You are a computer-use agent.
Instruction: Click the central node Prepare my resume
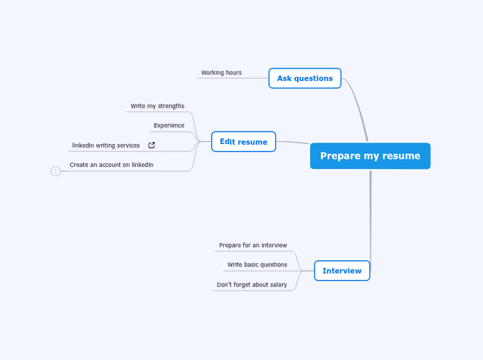pyautogui.click(x=370, y=156)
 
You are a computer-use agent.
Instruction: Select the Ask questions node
pyautogui.click(x=305, y=78)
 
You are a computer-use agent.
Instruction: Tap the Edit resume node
pyautogui.click(x=243, y=142)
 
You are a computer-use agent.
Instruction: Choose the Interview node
pyautogui.click(x=342, y=271)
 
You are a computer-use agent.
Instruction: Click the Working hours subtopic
pyautogui.click(x=221, y=73)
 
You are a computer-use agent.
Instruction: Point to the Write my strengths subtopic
pyautogui.click(x=157, y=106)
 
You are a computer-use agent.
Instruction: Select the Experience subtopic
pyautogui.click(x=169, y=125)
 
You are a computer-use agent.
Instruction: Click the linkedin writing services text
pyautogui.click(x=106, y=145)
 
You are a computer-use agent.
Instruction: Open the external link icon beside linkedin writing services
pyautogui.click(x=152, y=145)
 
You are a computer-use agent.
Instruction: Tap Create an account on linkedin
pyautogui.click(x=112, y=165)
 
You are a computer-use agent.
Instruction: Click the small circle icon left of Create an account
pyautogui.click(x=55, y=171)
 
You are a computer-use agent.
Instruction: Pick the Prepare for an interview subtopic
pyautogui.click(x=253, y=245)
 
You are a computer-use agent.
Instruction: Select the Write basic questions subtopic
pyautogui.click(x=257, y=264)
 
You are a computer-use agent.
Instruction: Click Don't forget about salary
pyautogui.click(x=252, y=285)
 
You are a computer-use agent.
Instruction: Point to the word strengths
pyautogui.click(x=170, y=106)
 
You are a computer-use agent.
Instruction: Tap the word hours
pyautogui.click(x=233, y=73)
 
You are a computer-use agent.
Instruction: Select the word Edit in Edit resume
pyautogui.click(x=227, y=142)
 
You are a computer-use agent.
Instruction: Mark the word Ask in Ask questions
pyautogui.click(x=284, y=78)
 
